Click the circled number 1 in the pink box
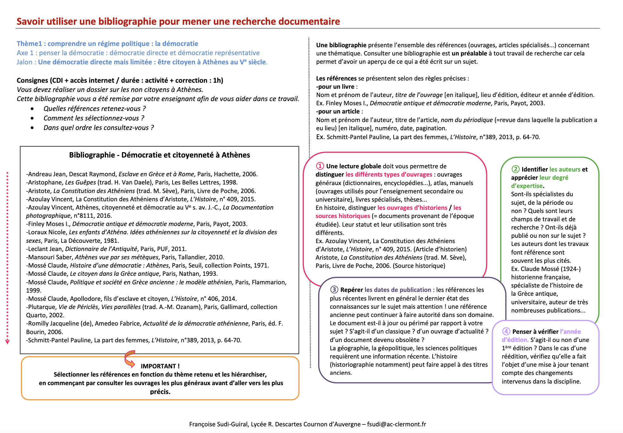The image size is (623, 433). [320, 166]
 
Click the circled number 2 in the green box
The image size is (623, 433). [515, 169]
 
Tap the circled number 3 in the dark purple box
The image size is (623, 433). [334, 290]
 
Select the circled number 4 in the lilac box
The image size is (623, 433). [506, 332]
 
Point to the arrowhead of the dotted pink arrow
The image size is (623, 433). [7, 342]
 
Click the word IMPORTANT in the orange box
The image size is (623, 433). [160, 366]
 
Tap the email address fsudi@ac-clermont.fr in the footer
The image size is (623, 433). [397, 424]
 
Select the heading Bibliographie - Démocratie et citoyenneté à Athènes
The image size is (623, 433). [160, 155]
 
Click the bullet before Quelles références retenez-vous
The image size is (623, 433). [32, 109]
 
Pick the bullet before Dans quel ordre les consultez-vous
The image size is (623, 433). [32, 128]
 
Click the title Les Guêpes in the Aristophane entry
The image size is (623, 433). [81, 183]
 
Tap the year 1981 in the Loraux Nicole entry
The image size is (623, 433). [112, 241]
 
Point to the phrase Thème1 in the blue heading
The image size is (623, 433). [29, 44]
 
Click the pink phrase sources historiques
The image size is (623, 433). [343, 216]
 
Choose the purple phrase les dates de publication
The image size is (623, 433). [398, 290]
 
